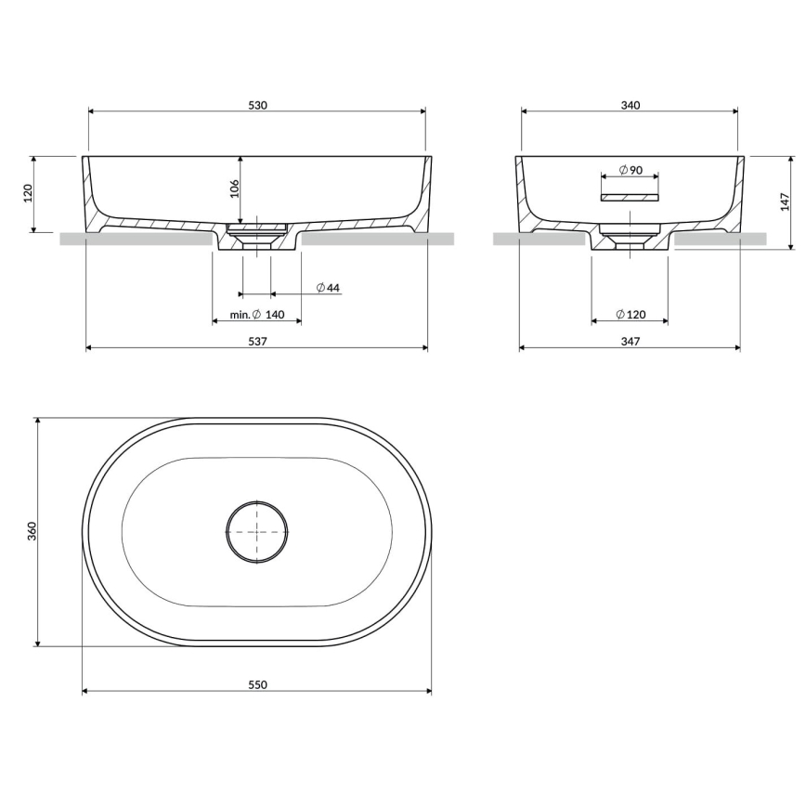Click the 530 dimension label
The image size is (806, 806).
point(257,105)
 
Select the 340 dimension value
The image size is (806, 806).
point(630,105)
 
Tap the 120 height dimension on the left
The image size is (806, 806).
point(28,193)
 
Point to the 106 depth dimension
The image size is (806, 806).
point(234,188)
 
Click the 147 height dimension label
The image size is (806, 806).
point(785,202)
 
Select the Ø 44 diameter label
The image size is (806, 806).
point(328,288)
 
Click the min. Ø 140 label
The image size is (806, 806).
point(257,315)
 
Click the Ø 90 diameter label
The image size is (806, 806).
point(630,171)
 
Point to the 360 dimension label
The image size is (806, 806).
point(31,531)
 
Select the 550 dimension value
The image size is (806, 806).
point(257,685)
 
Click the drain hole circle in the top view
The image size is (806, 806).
point(257,531)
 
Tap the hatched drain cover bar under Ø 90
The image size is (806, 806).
point(630,197)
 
